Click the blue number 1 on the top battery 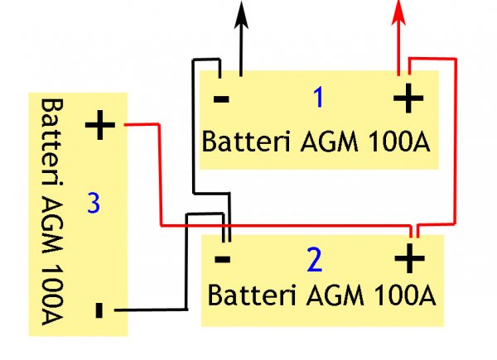coord(318,98)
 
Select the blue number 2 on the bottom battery coord(313,262)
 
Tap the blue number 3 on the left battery coord(94,202)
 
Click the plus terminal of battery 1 coord(407,100)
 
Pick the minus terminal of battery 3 coord(99,311)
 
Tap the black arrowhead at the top coord(241,12)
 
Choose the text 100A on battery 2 coord(406,294)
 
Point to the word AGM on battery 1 coord(318,141)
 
